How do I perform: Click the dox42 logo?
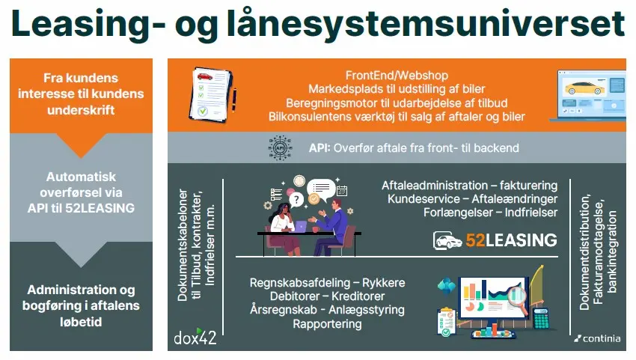(195, 337)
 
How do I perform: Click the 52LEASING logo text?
(511, 240)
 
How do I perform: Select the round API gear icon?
(281, 147)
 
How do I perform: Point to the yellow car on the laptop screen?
(584, 88)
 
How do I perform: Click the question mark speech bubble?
(296, 199)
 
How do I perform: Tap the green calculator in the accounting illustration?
(540, 319)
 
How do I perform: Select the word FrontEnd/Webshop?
(397, 75)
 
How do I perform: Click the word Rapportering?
(327, 324)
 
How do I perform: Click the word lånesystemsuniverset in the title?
(426, 25)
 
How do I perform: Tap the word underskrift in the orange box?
(81, 110)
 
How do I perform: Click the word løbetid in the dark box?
(81, 322)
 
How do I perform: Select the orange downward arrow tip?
(81, 157)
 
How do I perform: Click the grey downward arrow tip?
(81, 266)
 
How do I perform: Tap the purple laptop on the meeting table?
(300, 227)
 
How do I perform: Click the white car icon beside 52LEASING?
(447, 240)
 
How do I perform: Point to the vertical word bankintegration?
(611, 251)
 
